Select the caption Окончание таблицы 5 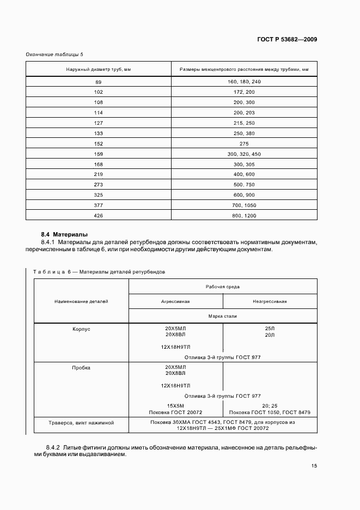55,54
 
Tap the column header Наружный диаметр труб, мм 98,69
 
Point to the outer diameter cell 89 98,82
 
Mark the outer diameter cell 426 98,216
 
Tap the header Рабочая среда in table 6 223,286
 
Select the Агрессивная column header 175,301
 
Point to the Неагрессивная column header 270,301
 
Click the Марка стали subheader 223,316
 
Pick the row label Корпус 81,330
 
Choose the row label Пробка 81,367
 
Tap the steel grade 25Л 270,329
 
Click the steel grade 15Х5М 175,405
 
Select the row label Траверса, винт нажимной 81,422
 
